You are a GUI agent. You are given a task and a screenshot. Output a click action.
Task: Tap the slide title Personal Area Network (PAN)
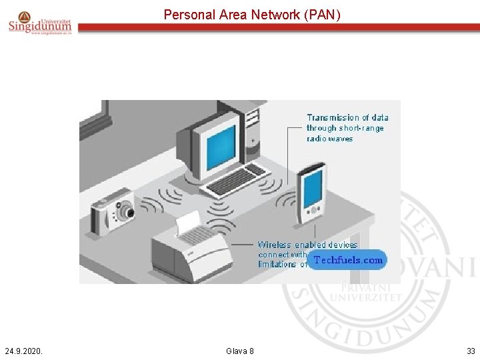(x=252, y=14)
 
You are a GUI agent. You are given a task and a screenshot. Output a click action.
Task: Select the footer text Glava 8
(x=240, y=351)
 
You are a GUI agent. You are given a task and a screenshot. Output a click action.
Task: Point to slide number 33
(x=471, y=351)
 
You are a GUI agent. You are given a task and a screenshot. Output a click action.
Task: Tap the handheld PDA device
(x=311, y=193)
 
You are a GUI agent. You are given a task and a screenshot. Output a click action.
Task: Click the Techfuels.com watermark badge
(x=347, y=260)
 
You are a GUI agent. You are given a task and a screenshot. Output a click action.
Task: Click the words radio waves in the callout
(x=330, y=139)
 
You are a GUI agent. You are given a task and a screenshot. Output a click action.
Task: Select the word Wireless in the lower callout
(x=275, y=245)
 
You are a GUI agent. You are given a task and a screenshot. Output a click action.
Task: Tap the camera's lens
(x=126, y=213)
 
